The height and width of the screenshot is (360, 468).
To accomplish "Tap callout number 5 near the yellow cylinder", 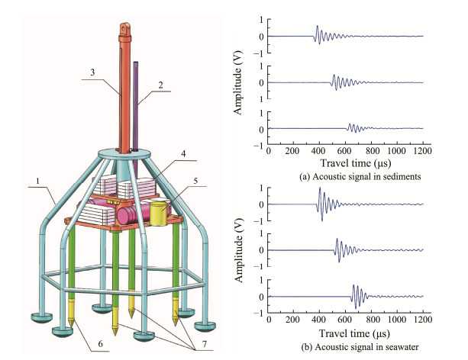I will (196, 182).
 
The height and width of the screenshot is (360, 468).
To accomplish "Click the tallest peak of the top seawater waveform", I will (321, 190).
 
